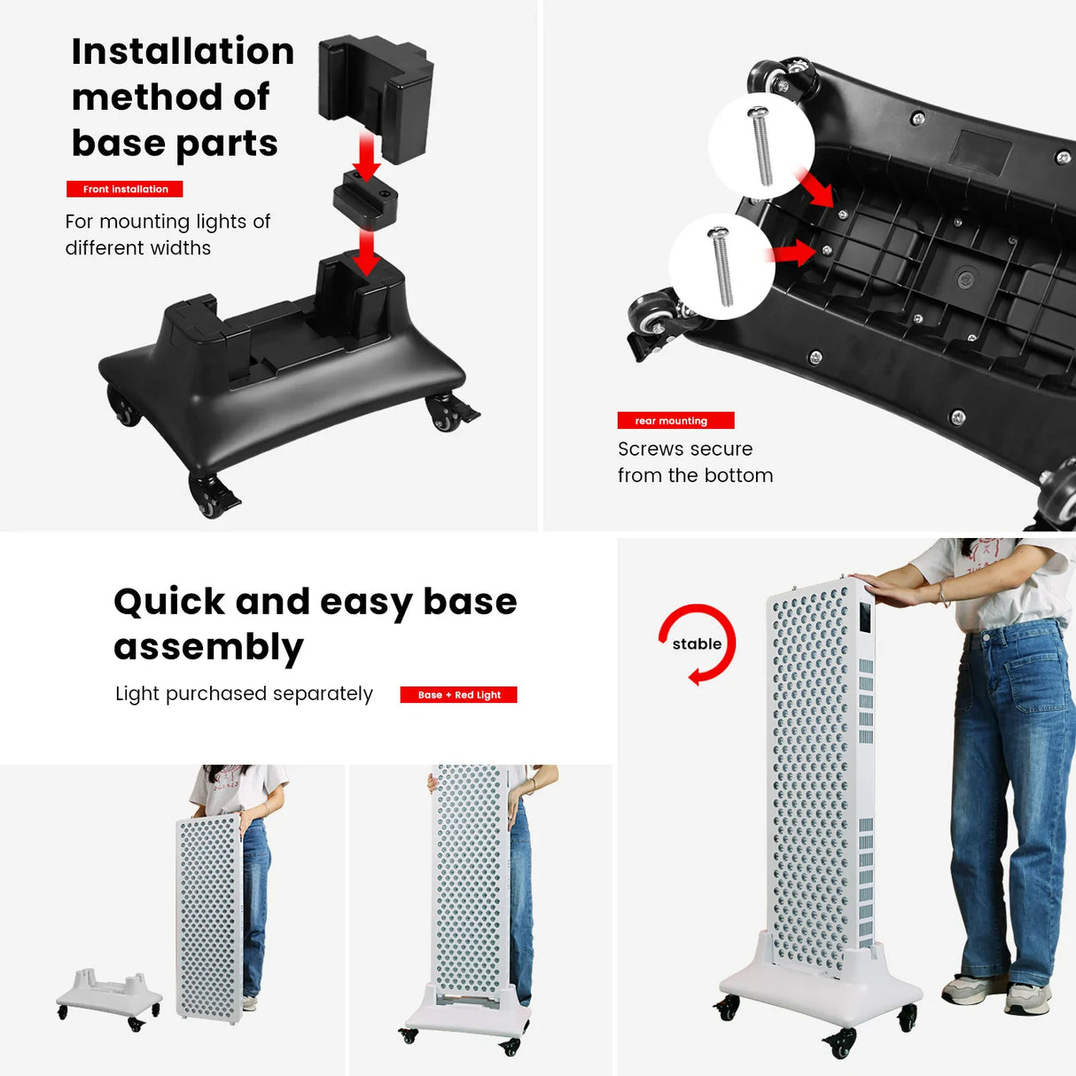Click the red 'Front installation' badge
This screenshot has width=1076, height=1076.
(x=125, y=189)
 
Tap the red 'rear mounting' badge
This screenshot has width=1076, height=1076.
(x=675, y=421)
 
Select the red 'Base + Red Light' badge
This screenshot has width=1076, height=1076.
(x=458, y=695)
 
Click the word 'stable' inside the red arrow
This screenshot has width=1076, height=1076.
(x=697, y=644)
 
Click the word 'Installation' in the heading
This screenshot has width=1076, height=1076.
(x=183, y=51)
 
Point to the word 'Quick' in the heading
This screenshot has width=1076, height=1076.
(x=169, y=602)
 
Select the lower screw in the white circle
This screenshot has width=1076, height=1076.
(x=721, y=266)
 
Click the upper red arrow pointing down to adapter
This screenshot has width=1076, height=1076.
(x=365, y=155)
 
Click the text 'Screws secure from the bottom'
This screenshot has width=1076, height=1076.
(x=695, y=462)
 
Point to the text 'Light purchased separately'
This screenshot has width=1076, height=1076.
(x=244, y=694)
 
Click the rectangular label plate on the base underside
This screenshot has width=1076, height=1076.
(x=980, y=152)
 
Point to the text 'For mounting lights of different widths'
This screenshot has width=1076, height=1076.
(x=167, y=235)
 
